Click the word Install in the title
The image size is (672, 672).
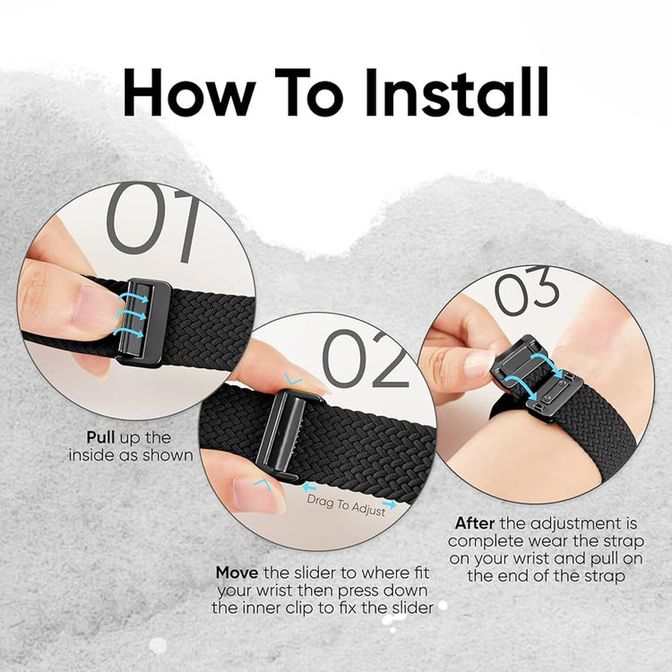point(456,92)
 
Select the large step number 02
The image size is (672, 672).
point(365,359)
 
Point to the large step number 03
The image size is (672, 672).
point(527,290)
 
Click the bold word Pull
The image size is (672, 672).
point(100,437)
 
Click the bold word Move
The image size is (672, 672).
point(237,573)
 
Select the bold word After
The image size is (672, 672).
point(474,523)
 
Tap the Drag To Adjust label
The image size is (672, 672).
point(346,505)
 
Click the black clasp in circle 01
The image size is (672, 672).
point(143,323)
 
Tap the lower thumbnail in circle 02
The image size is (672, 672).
point(258,494)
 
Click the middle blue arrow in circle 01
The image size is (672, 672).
point(131,316)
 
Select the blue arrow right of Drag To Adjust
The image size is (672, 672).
point(390,504)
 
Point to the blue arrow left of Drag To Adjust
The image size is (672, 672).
point(309,487)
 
